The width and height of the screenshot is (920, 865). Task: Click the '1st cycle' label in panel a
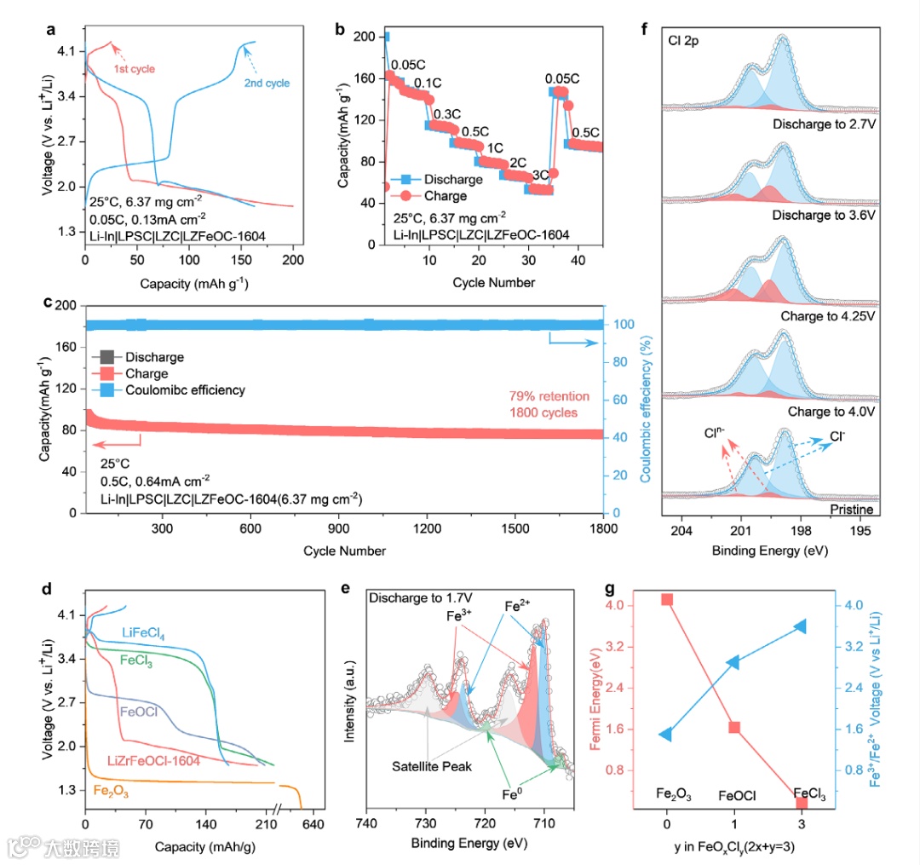click(134, 68)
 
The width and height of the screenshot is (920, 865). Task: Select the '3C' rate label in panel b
click(539, 176)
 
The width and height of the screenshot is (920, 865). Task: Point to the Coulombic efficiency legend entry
click(184, 389)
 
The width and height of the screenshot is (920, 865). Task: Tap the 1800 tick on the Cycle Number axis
click(602, 528)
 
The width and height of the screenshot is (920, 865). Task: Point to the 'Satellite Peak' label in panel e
click(432, 766)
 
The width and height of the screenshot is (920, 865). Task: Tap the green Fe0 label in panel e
click(512, 795)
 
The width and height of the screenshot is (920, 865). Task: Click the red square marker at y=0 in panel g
click(667, 599)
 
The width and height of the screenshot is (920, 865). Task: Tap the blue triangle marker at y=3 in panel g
click(801, 626)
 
